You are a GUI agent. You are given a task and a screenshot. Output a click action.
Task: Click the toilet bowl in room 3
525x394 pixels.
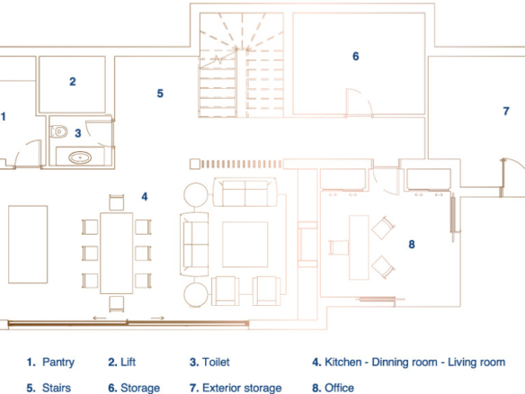58,131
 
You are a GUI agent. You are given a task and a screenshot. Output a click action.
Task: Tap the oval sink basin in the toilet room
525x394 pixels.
80,157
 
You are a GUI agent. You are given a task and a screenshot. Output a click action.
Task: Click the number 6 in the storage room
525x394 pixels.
356,57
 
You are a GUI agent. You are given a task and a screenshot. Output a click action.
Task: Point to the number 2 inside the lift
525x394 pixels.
73,82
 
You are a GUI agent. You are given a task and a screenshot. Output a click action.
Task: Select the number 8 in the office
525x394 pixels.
412,245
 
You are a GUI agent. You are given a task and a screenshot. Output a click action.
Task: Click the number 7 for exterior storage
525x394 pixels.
506,111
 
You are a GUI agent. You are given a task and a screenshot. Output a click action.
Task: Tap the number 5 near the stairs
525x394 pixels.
160,94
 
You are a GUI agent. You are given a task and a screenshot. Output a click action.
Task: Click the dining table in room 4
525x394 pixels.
117,253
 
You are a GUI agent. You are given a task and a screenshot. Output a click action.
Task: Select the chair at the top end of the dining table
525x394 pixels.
117,202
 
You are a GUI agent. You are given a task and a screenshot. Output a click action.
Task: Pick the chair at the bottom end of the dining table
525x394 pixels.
117,303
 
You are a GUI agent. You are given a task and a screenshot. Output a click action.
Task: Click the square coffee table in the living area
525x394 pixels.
245,245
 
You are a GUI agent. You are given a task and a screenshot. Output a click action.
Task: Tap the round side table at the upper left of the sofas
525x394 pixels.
196,194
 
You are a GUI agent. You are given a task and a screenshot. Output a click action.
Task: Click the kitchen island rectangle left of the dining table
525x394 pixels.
28,245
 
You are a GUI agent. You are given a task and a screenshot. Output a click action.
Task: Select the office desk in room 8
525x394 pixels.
359,247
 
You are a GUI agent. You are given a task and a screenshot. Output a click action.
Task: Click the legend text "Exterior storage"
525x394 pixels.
242,388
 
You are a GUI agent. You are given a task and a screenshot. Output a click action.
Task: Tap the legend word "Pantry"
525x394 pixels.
58,363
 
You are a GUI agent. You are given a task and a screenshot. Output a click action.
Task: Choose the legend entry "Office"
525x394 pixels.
339,388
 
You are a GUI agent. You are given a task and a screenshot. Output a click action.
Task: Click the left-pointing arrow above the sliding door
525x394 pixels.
100,318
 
